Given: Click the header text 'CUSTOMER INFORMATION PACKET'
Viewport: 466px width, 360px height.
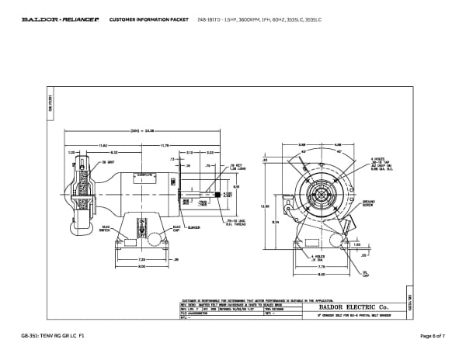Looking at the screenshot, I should click(137, 17).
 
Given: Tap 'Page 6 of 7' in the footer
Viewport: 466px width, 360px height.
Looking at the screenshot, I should click(429, 335).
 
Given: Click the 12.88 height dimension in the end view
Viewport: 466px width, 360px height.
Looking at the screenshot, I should click(264, 206).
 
